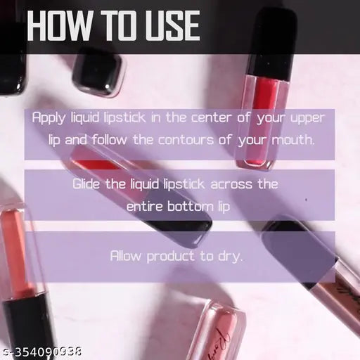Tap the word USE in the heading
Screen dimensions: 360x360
[168, 27]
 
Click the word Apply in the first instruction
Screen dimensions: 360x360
[48, 118]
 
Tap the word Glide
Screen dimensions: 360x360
[87, 184]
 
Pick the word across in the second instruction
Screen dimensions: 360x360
[214, 184]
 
